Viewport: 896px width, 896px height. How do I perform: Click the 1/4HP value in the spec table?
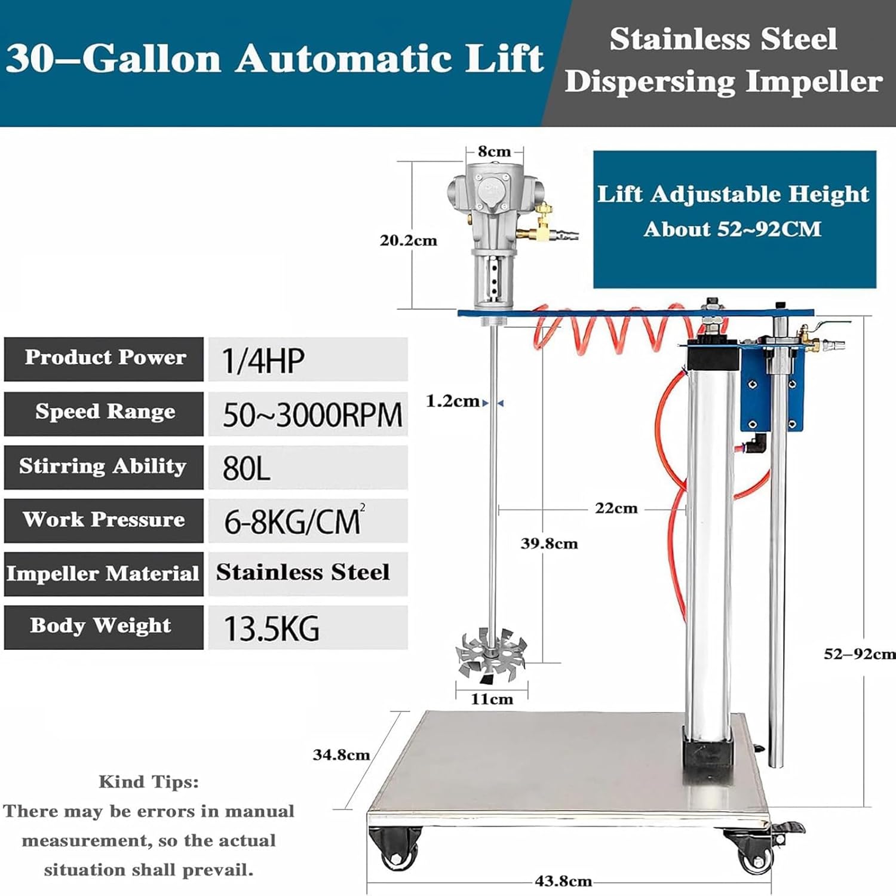pyautogui.click(x=263, y=360)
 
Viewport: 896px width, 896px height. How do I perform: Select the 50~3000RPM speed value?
pyautogui.click(x=312, y=415)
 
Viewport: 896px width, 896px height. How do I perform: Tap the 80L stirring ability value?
pyautogui.click(x=246, y=468)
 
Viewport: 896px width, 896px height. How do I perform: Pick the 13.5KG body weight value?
pyautogui.click(x=271, y=628)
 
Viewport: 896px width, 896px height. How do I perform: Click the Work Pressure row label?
pyautogui.click(x=104, y=520)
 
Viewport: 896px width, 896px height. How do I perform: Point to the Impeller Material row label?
pyautogui.click(x=103, y=573)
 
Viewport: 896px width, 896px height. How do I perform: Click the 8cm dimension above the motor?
pyautogui.click(x=494, y=152)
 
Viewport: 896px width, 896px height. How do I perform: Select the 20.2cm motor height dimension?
pyautogui.click(x=409, y=241)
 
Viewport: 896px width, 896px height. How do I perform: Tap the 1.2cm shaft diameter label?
pyautogui.click(x=452, y=401)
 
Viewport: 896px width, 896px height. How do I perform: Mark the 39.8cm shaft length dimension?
pyautogui.click(x=549, y=544)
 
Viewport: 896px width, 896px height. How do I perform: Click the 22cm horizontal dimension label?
pyautogui.click(x=616, y=508)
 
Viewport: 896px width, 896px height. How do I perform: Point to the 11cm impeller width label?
pyautogui.click(x=492, y=699)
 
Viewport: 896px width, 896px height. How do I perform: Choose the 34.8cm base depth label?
pyautogui.click(x=341, y=755)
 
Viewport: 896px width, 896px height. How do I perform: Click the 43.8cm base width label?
pyautogui.click(x=563, y=881)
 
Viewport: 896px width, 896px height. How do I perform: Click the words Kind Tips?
pyautogui.click(x=148, y=782)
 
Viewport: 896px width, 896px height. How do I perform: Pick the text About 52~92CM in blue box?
pyautogui.click(x=732, y=229)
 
